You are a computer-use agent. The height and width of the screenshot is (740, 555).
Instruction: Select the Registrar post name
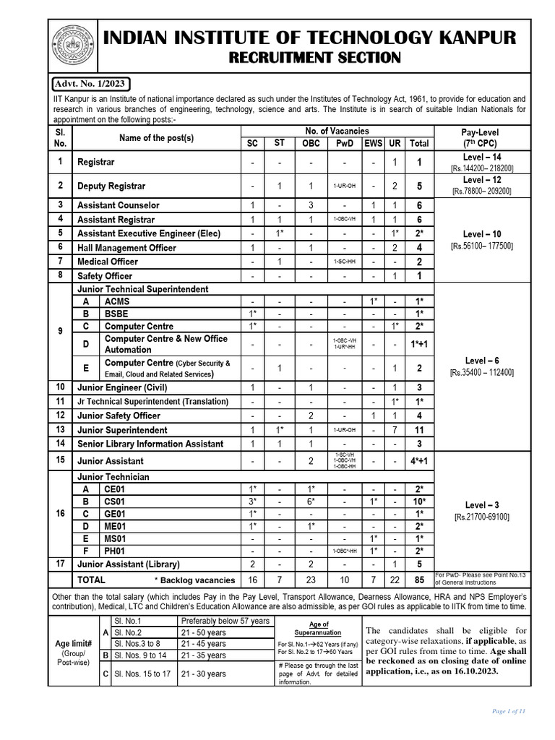(x=96, y=163)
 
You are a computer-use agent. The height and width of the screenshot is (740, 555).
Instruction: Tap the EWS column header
(x=373, y=144)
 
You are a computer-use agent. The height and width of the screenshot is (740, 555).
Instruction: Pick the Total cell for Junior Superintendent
(x=419, y=429)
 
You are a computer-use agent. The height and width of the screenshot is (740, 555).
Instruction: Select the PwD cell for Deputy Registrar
(x=344, y=186)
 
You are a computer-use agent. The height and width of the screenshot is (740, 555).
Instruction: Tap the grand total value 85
(x=419, y=579)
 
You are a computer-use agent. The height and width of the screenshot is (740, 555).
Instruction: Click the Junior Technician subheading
(x=113, y=476)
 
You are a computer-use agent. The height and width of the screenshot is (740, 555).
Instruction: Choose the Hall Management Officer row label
(x=126, y=248)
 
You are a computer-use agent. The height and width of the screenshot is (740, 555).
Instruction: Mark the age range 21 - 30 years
(x=205, y=674)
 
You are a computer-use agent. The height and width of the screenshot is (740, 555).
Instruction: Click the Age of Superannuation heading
(x=318, y=628)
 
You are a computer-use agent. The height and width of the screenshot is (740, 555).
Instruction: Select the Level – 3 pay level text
(x=482, y=504)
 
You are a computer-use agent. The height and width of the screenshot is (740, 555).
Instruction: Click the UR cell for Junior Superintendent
(x=395, y=429)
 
